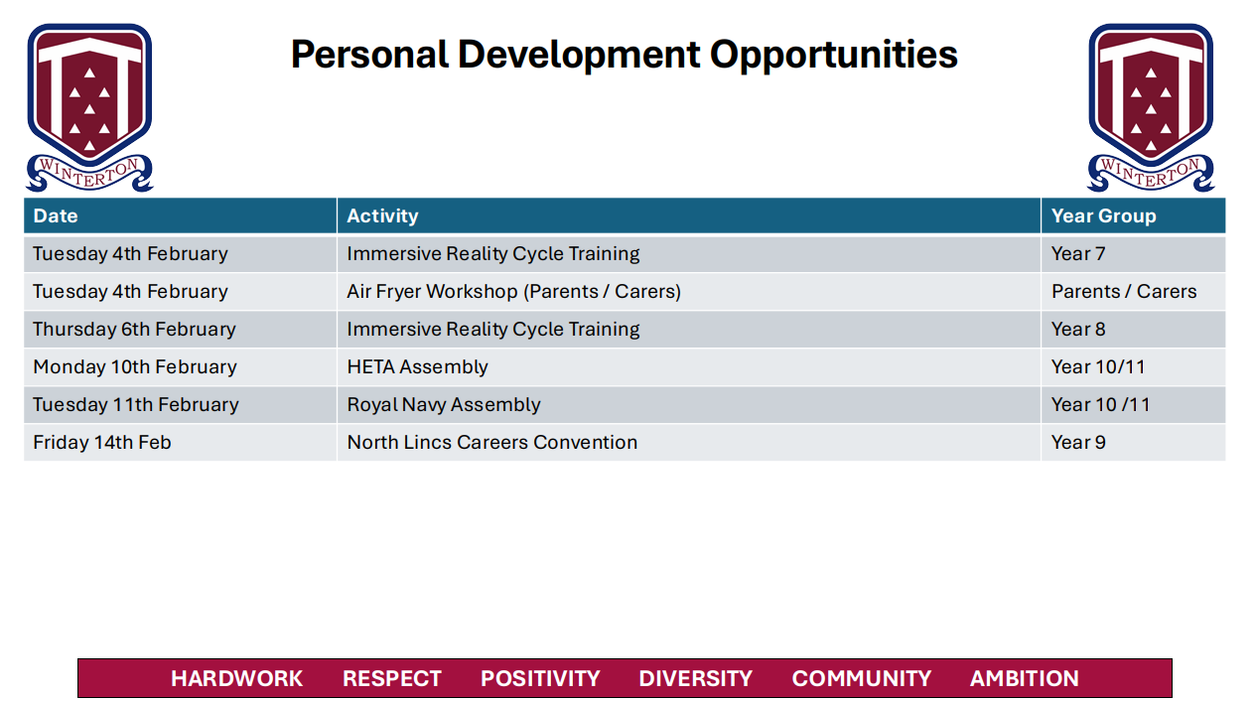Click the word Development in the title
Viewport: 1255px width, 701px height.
(x=579, y=56)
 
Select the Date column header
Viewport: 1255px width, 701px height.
(x=55, y=215)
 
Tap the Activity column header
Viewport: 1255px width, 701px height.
(x=382, y=215)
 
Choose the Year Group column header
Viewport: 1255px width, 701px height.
(x=1103, y=215)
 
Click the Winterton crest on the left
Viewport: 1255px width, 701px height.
(x=89, y=107)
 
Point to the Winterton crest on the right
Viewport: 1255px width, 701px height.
(x=1151, y=107)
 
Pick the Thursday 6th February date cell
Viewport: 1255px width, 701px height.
(x=134, y=329)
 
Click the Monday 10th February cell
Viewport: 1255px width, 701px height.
(x=135, y=366)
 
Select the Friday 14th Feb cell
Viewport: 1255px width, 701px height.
(x=102, y=442)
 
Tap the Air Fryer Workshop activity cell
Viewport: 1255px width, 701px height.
(x=513, y=291)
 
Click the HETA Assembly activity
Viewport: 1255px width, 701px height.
(x=417, y=366)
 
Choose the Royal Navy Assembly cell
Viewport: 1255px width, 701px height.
(x=444, y=404)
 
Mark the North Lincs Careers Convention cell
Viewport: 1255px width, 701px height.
(x=491, y=442)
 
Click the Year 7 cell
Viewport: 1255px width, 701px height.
(x=1078, y=253)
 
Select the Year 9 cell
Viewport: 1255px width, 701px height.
(x=1078, y=442)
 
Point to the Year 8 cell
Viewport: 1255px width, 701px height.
(x=1078, y=329)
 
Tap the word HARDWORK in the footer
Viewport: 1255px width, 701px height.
(x=236, y=678)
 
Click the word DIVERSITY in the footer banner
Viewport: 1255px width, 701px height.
(x=695, y=678)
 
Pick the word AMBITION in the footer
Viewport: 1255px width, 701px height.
(x=1025, y=678)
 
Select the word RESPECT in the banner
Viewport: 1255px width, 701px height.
(x=391, y=678)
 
